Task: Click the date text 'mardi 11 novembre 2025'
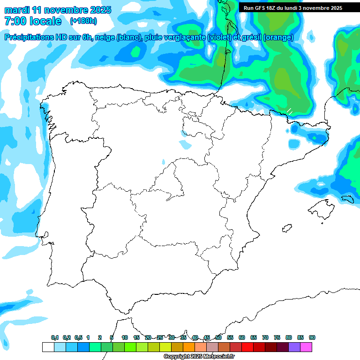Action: (x=58, y=10)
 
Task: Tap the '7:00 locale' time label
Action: (x=33, y=21)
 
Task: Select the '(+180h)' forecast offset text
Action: (x=83, y=21)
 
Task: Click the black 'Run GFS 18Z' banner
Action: (x=292, y=8)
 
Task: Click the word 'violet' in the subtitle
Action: (x=219, y=37)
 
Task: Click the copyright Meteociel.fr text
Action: (x=199, y=357)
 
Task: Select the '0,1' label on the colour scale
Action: (x=55, y=338)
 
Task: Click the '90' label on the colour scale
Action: (x=312, y=338)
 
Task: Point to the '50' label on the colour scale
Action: (x=218, y=338)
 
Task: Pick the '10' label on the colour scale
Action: (x=125, y=338)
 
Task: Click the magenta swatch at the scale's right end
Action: (x=306, y=347)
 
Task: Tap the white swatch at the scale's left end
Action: (x=48, y=347)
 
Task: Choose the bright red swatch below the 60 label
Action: (x=247, y=347)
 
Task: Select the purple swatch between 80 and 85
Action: (x=294, y=347)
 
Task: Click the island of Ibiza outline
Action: (x=287, y=228)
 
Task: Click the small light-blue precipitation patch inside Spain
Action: (x=186, y=145)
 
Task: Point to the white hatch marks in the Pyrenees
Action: (x=290, y=111)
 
